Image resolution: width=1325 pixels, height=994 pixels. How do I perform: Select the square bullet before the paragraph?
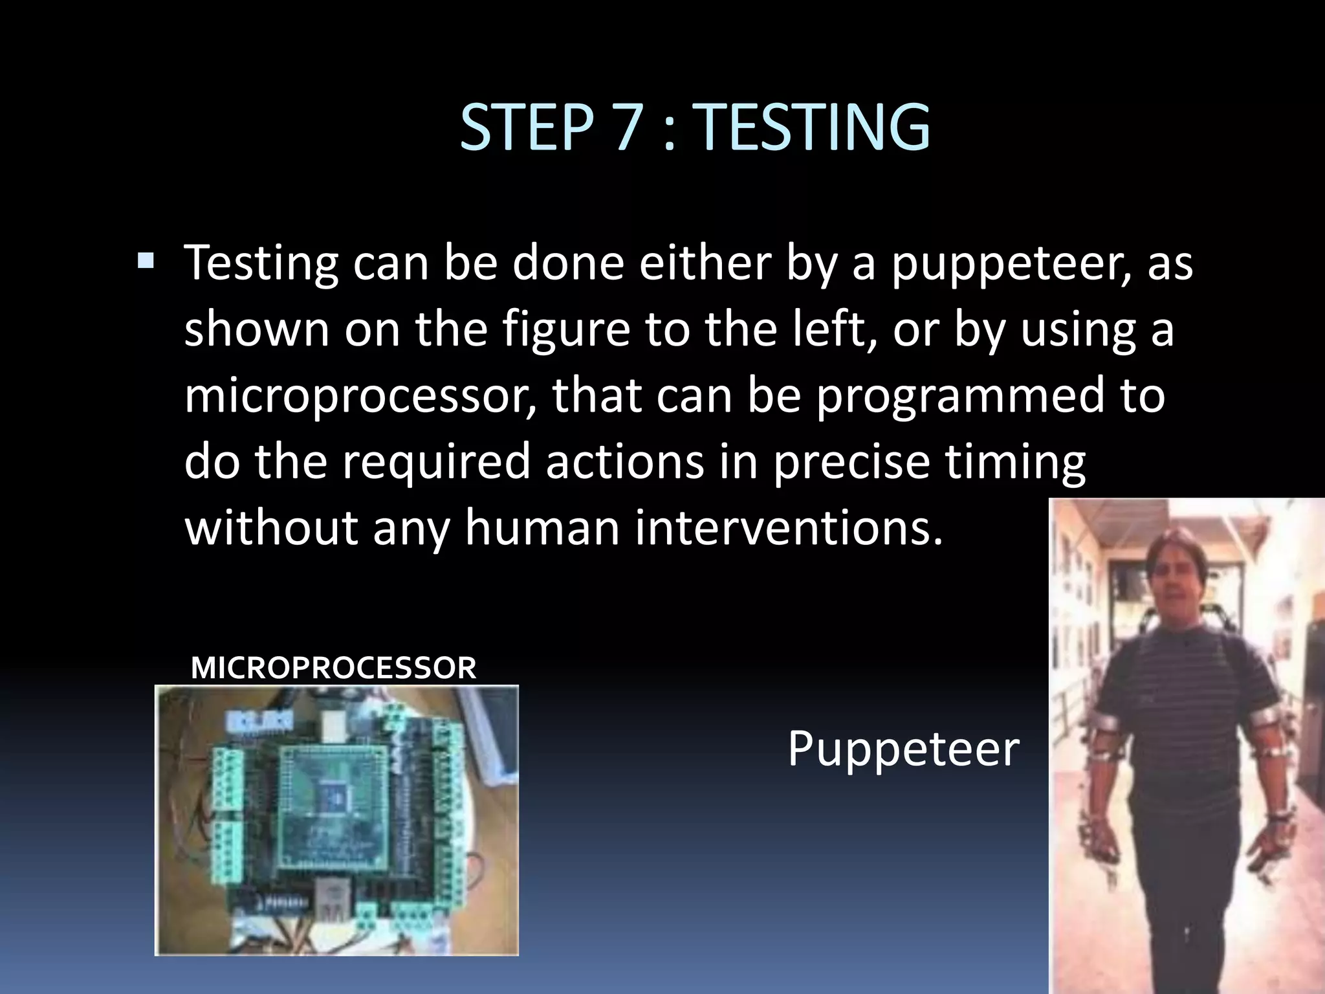(146, 261)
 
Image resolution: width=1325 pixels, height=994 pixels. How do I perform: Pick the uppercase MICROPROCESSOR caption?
(334, 668)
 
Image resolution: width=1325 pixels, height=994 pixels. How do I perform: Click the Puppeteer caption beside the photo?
(903, 748)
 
